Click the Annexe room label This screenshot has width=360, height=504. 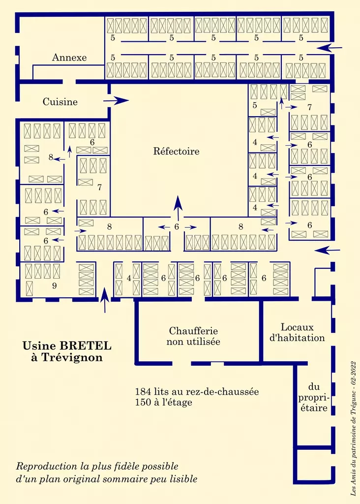coord(69,58)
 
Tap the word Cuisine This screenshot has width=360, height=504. coord(60,102)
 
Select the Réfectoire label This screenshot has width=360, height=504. coord(177,151)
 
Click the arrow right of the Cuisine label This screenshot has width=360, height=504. coord(116,101)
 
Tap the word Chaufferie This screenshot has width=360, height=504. coord(193,331)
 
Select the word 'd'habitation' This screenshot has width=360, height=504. coord(298,338)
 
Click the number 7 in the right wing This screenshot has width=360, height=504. coord(309,107)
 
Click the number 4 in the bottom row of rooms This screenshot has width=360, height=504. coord(129,278)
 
